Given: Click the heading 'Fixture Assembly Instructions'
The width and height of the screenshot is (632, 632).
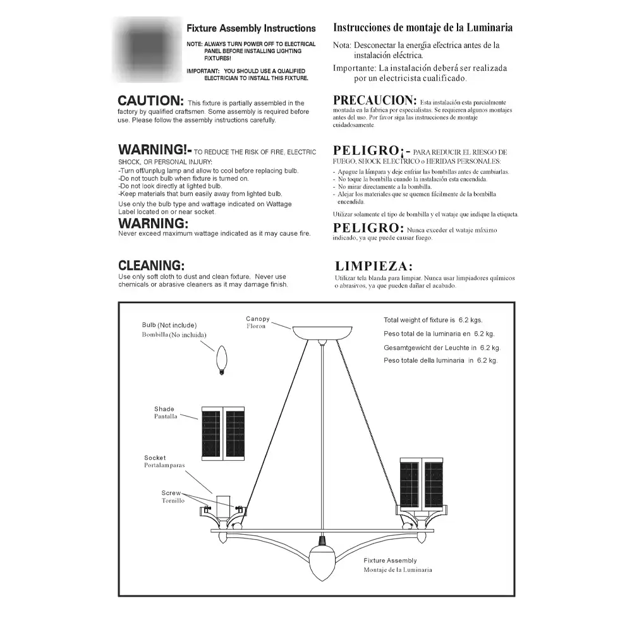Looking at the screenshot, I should pos(251,28).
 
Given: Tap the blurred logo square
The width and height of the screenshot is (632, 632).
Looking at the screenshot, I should pos(147,50).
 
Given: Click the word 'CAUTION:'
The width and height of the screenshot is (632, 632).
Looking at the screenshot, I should pos(151,101).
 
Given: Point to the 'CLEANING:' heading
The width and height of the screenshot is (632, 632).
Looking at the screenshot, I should pos(152,265).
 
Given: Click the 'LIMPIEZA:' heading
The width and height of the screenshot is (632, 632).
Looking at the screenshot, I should pos(374,266).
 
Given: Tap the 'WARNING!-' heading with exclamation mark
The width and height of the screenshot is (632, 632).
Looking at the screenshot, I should pos(154,150).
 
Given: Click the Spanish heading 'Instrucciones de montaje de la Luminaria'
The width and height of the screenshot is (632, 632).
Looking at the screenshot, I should pos(423,28).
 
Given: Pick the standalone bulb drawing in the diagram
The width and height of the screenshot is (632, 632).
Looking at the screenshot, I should pos(221,361).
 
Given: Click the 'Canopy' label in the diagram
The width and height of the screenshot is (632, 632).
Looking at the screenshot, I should pos(258,319).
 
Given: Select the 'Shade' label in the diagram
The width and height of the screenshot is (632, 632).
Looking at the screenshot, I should pos(164,409).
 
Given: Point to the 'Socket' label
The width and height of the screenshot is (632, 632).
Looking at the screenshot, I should pos(155,458).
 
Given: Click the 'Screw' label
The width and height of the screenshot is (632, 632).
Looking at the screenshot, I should pos(171,493).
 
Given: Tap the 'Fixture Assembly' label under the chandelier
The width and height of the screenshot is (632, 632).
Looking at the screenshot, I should pos(390,561).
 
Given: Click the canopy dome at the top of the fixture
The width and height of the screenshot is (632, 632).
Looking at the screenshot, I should pos(322,332).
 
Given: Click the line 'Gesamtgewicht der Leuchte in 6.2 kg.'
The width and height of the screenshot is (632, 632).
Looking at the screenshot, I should pos(442,348).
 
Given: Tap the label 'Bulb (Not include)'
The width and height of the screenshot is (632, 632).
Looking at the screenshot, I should pos(169,325).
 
